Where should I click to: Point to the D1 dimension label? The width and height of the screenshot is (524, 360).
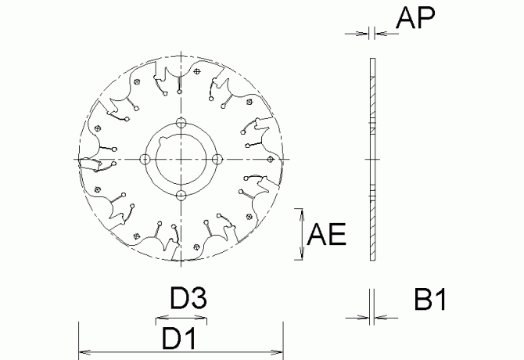(178, 339)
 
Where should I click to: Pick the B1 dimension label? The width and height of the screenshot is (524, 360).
(429, 301)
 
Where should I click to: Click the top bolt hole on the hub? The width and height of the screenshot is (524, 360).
(181, 122)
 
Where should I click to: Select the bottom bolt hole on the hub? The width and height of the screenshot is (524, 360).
(181, 195)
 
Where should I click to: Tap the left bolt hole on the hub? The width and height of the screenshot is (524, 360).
(144, 159)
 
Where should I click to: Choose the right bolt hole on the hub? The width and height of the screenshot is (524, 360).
(217, 159)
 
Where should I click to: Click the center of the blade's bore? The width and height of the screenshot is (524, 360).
(181, 159)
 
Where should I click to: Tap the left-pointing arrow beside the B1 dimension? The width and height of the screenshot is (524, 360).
(382, 318)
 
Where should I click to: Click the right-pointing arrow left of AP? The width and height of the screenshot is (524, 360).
(363, 33)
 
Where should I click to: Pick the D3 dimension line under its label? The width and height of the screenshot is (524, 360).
(181, 319)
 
